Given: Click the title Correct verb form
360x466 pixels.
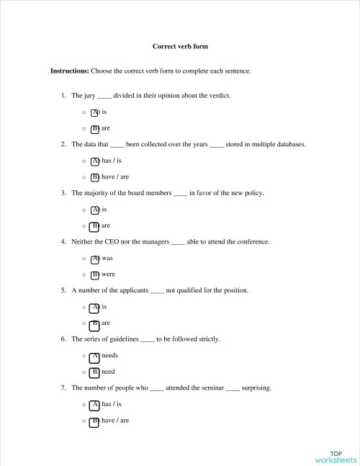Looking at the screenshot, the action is click(x=180, y=47).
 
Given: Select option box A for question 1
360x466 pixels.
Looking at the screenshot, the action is click(x=94, y=113).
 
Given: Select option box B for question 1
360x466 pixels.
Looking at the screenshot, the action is click(x=94, y=129).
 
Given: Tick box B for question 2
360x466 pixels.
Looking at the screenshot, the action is click(x=94, y=177).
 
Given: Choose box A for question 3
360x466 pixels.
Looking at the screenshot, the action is click(x=94, y=210).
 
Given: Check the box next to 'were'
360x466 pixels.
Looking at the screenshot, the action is click(x=94, y=274).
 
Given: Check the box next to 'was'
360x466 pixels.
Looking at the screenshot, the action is click(x=94, y=258).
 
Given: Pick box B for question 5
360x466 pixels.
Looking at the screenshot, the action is click(x=94, y=323).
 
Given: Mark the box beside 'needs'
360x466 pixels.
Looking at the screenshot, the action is click(x=94, y=356).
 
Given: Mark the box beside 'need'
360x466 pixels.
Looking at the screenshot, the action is click(x=94, y=372).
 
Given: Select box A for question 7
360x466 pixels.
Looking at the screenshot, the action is click(x=94, y=404).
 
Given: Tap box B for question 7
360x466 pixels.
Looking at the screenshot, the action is click(x=94, y=421).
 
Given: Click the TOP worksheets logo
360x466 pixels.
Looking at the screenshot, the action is click(x=336, y=455).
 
